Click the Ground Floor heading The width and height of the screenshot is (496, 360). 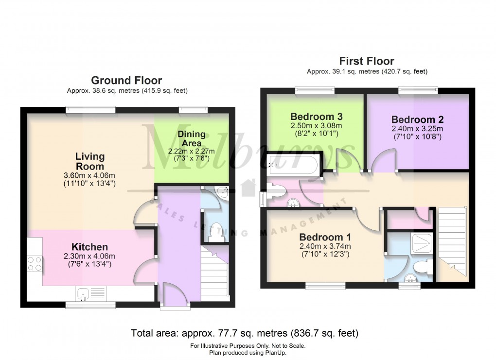click(126, 80)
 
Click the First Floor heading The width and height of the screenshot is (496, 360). click(367, 61)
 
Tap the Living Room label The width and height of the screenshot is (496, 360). click(89, 161)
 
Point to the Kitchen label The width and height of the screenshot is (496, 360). click(89, 247)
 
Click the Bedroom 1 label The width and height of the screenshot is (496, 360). click(325, 237)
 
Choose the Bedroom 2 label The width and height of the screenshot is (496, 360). click(417, 120)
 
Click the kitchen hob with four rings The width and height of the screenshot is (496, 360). click(35, 263)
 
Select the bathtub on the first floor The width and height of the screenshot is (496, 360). click(293, 165)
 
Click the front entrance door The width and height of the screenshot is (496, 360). click(175, 296)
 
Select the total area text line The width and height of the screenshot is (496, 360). click(245, 333)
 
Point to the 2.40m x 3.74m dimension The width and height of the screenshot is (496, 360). click(325, 246)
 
